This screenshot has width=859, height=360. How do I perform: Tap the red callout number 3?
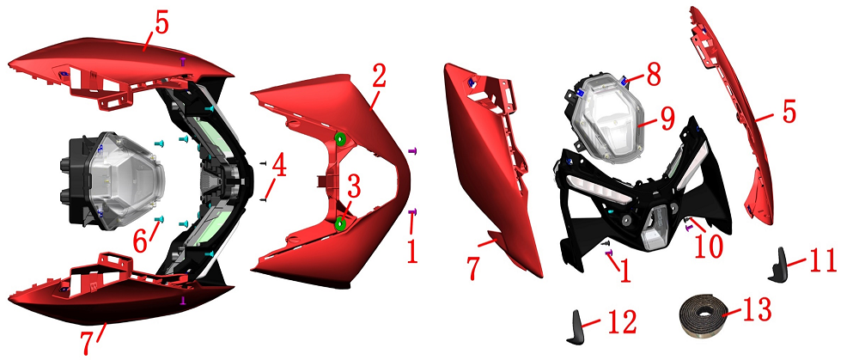coord(354,189)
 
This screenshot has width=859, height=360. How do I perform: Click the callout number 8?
coord(652,75)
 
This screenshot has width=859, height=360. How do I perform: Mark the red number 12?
coord(621,321)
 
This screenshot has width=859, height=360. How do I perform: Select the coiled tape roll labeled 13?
coord(702,317)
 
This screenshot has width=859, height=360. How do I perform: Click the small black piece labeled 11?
coord(779,265)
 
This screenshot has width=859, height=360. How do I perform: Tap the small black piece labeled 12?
coord(576,327)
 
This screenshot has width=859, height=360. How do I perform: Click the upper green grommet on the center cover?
coord(339,139)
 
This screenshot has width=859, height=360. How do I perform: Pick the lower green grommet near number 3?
coord(339,224)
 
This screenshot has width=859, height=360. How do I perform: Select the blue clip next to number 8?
coord(625,81)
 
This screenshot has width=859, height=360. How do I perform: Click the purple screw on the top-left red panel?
coord(183,62)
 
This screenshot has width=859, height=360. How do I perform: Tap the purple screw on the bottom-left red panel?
coord(183,300)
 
